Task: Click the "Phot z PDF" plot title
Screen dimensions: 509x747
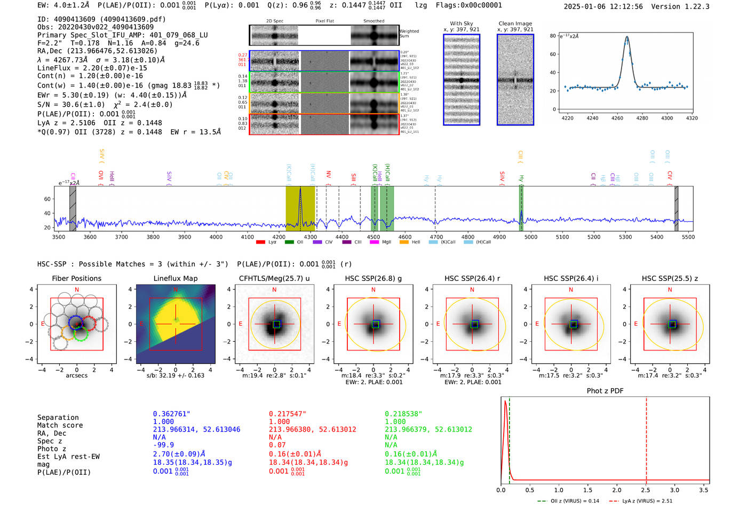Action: pyautogui.click(x=605, y=391)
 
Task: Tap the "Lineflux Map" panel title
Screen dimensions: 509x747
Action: pyautogui.click(x=176, y=278)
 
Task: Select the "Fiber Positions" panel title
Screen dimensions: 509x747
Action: pyautogui.click(x=76, y=278)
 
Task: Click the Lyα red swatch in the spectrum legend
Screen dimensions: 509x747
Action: pyautogui.click(x=260, y=242)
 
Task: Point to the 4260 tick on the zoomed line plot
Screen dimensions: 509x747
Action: pyautogui.click(x=617, y=118)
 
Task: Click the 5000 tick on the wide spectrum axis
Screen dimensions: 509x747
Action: pyautogui.click(x=530, y=237)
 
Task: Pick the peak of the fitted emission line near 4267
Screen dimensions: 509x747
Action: pyautogui.click(x=627, y=37)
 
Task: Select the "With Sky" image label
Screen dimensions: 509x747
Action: pyautogui.click(x=462, y=24)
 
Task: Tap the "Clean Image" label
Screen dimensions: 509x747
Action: pyautogui.click(x=515, y=24)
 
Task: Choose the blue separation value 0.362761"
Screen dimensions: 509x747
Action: pyautogui.click(x=171, y=414)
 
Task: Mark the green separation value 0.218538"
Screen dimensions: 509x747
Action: pyautogui.click(x=403, y=414)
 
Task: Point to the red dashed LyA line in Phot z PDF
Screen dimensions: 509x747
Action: pyautogui.click(x=646, y=438)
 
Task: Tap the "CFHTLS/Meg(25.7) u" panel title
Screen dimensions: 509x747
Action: pyautogui.click(x=274, y=278)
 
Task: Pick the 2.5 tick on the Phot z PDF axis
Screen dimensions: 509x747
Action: pyautogui.click(x=646, y=490)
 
